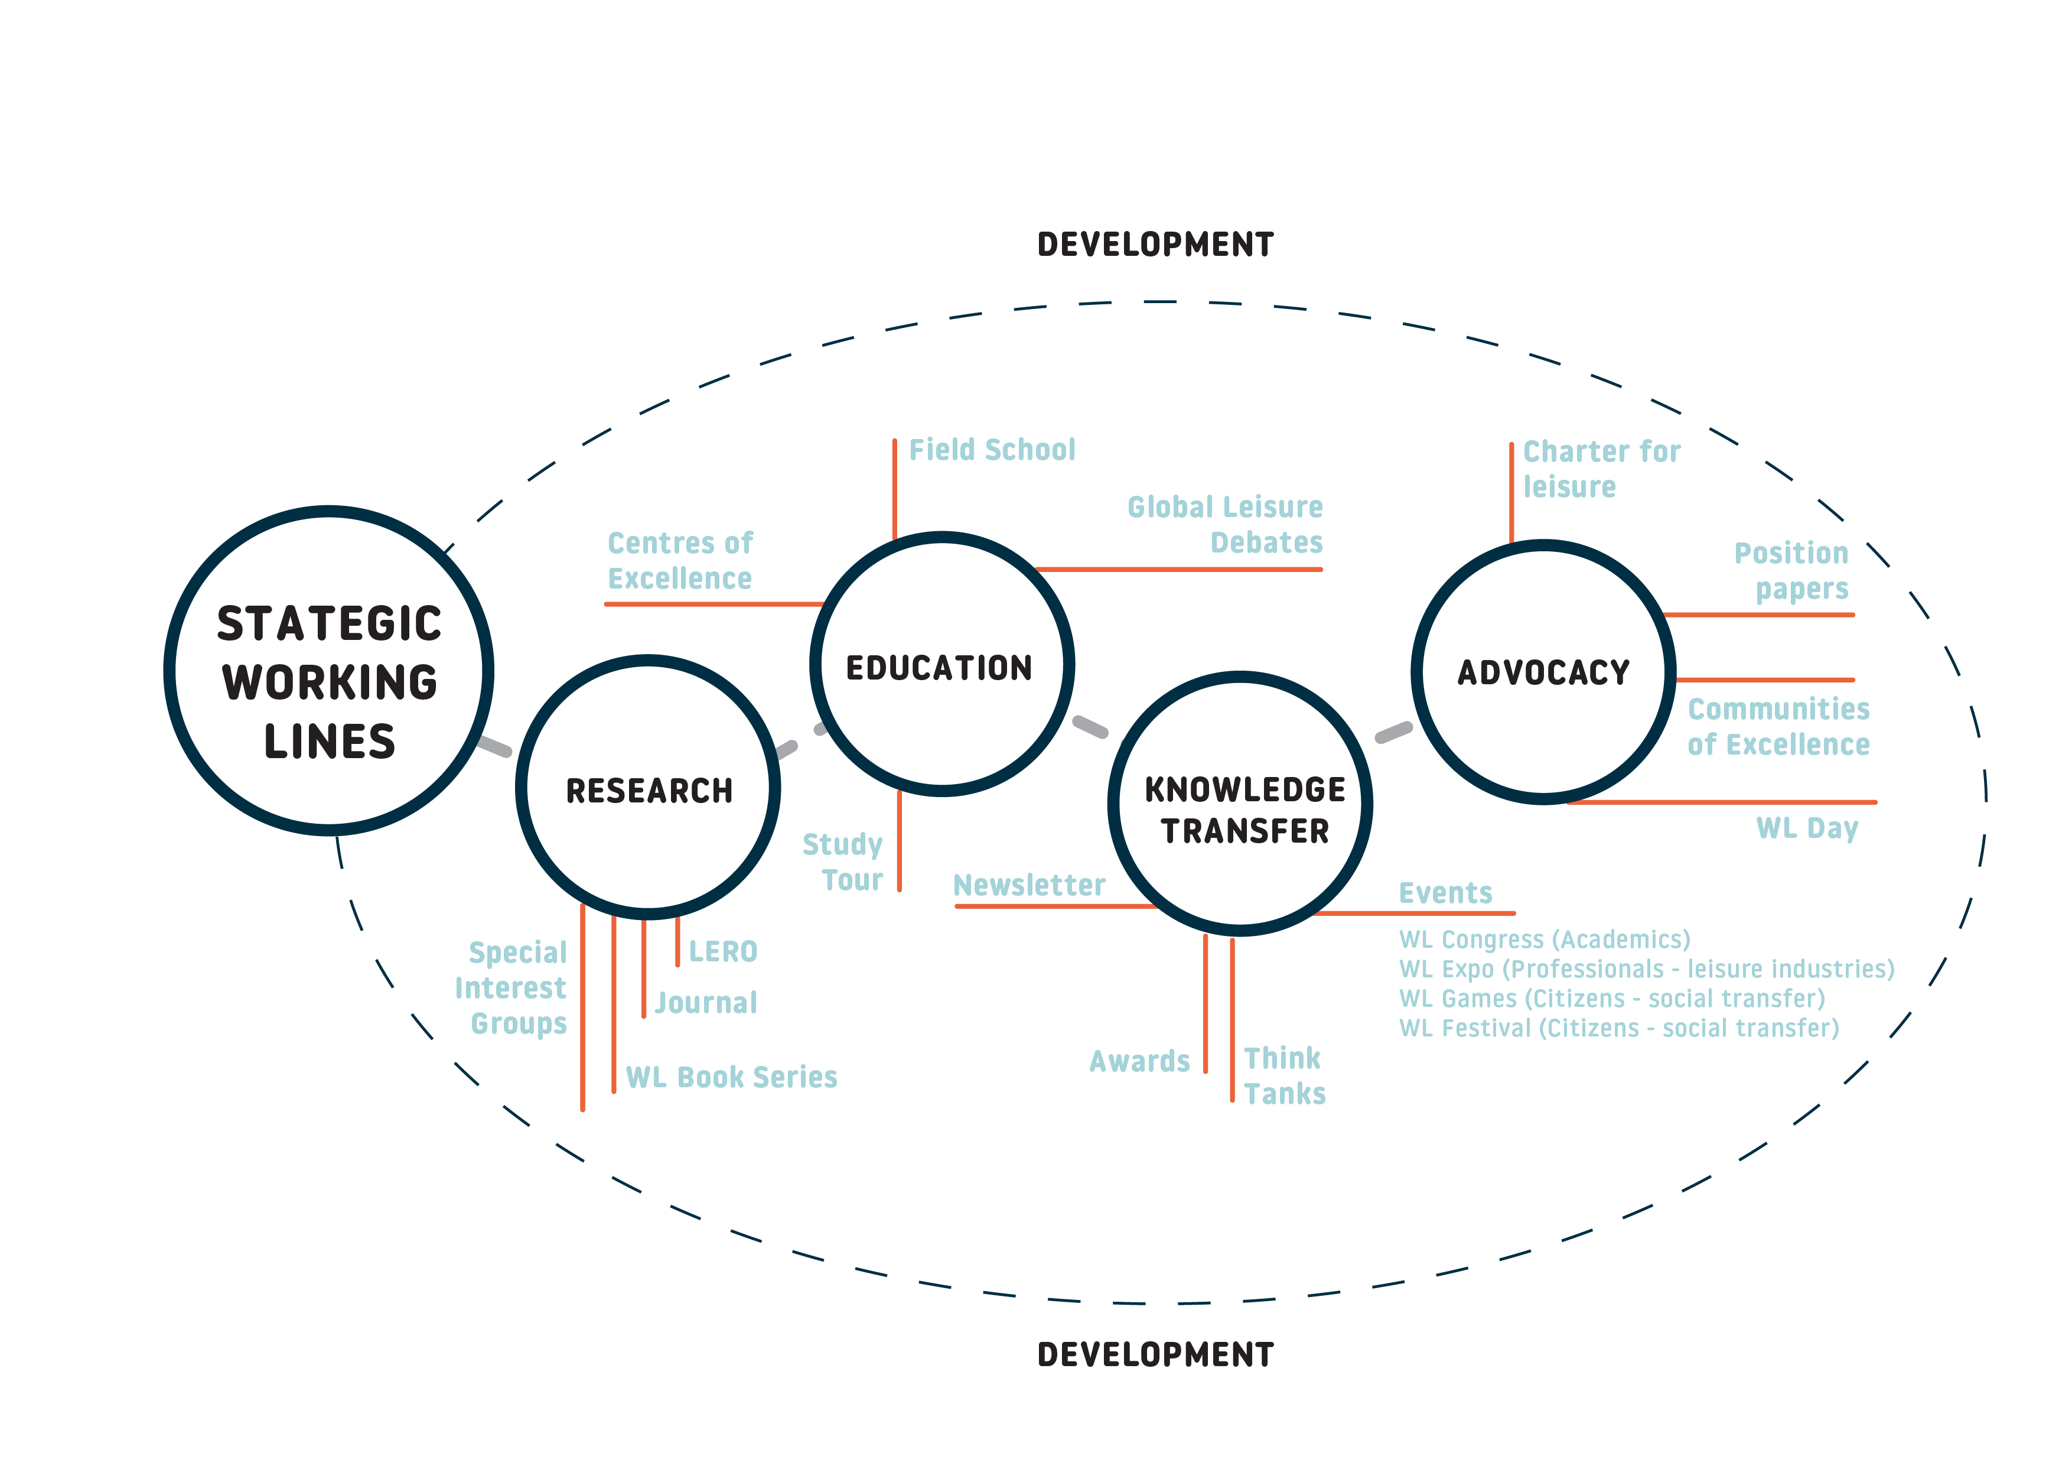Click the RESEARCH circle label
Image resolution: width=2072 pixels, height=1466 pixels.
(649, 791)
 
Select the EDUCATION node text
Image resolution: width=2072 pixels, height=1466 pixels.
(939, 668)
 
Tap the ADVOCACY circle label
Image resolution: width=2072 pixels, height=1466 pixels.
(1544, 672)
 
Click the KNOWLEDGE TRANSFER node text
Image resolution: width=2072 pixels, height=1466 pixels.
(1244, 810)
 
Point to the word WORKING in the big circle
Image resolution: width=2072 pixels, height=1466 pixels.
(330, 682)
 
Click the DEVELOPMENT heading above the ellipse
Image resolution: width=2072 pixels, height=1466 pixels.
(1155, 245)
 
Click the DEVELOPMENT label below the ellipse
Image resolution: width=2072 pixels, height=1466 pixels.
(1155, 1355)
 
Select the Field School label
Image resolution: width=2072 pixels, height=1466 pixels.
(992, 450)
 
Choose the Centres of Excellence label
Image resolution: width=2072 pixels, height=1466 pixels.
(679, 561)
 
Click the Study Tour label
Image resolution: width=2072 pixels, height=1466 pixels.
(843, 862)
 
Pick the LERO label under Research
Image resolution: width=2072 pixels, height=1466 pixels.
(723, 951)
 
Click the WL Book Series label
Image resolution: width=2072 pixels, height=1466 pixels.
(732, 1077)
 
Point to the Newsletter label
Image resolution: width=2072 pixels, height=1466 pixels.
(1029, 886)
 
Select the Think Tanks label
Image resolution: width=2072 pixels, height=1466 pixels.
(1284, 1076)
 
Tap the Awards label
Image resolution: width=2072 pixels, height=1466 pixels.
(1140, 1062)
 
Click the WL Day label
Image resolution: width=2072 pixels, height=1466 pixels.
(1807, 828)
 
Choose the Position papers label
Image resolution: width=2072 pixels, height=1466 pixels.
(1791, 571)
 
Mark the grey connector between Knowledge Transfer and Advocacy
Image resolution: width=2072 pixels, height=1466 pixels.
(1393, 732)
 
